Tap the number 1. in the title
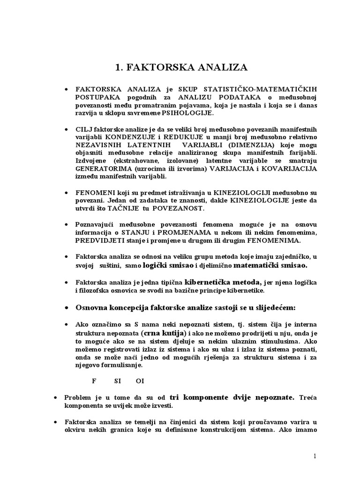120,67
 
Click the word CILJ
84,128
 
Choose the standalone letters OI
140,380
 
